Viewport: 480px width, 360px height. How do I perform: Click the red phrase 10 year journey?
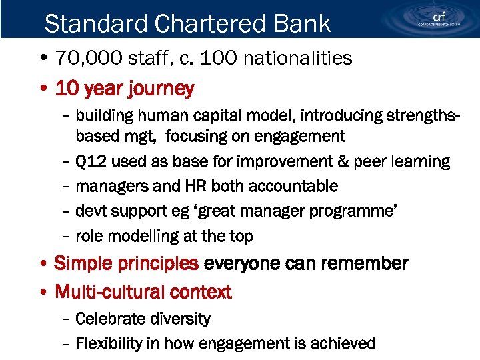(x=125, y=88)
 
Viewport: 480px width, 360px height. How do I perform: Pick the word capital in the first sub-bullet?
(x=214, y=116)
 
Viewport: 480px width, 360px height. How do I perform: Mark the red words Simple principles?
(x=127, y=263)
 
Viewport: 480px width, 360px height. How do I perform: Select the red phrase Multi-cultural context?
(x=143, y=292)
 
